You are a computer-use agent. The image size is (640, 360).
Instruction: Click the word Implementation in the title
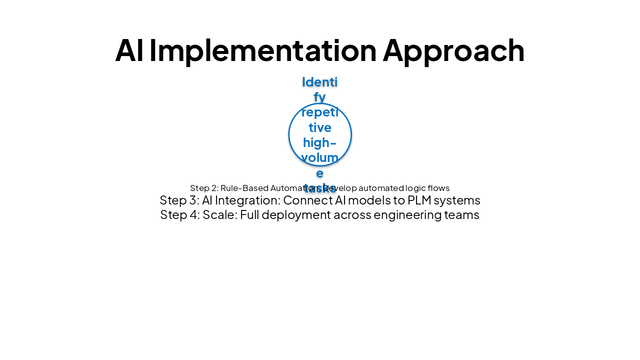coord(262,50)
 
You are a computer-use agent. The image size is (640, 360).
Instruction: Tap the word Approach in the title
coord(453,50)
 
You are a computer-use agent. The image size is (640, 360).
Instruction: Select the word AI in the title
coord(129,50)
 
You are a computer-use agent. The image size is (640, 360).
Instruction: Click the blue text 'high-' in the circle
coord(320,143)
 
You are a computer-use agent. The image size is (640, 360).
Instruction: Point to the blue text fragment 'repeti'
coord(320,112)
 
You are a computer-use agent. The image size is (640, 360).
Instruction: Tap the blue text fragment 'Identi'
coord(320,81)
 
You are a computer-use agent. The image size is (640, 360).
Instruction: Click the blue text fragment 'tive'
coord(320,127)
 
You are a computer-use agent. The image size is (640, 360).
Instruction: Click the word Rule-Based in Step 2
coord(244,188)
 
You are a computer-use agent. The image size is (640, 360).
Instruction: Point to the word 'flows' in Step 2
coord(437,188)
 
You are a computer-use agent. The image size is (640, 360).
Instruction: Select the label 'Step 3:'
coord(179,200)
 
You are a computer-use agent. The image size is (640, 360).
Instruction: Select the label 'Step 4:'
coord(180,215)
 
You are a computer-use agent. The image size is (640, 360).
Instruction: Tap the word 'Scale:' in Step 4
coord(220,215)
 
